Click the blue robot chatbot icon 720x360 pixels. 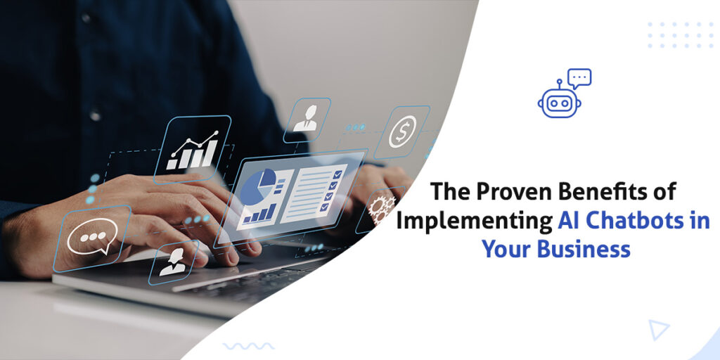pyautogui.click(x=559, y=101)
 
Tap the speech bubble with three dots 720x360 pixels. pyautogui.click(x=92, y=238)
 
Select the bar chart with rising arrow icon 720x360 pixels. pyautogui.click(x=192, y=150)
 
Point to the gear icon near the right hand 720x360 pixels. pyautogui.click(x=382, y=206)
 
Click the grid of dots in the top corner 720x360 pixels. pyautogui.click(x=679, y=34)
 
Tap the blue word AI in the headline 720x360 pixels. pyautogui.click(x=570, y=221)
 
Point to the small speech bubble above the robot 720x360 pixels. pyautogui.click(x=579, y=77)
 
